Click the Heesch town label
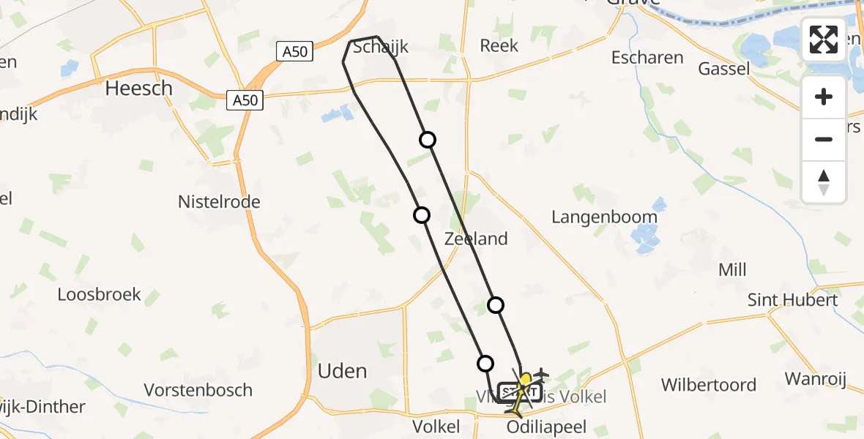coord(139,89)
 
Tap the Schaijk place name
coord(380,48)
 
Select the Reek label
coord(499,45)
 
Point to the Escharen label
coord(647,57)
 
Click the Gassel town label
coord(724,69)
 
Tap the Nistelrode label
coord(219,201)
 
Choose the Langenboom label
coord(604,217)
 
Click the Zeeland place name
coord(476,239)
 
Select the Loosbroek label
coord(100,294)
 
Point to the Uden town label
coord(342,371)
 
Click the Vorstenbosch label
coord(198,390)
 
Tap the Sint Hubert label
coord(792,300)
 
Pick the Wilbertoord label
coord(708,385)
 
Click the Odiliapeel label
coord(545,427)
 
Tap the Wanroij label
coord(815,379)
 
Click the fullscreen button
coord(824,40)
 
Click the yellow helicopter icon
coord(523,390)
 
